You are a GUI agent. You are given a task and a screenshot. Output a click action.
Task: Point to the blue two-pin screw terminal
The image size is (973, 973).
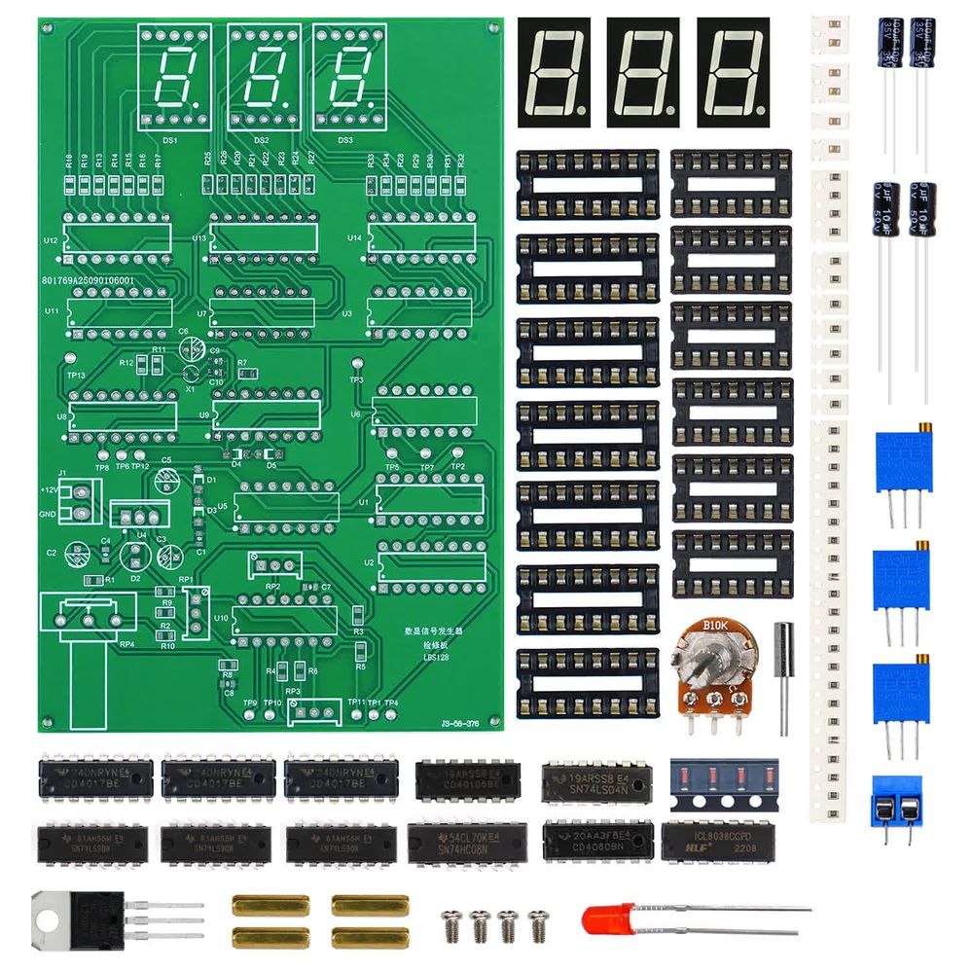(x=897, y=803)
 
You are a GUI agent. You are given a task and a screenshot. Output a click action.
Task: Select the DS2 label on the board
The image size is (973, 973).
(x=261, y=140)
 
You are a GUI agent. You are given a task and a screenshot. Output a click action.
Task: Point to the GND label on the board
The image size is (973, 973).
(x=47, y=514)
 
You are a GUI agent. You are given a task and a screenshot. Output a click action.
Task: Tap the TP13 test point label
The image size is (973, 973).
(x=76, y=376)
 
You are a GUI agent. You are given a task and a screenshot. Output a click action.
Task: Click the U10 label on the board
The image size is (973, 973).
(x=221, y=618)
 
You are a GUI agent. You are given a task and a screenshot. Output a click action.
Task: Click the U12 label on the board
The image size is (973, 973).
(x=51, y=239)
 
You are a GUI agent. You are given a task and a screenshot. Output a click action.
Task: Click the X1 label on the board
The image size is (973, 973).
(x=190, y=388)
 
